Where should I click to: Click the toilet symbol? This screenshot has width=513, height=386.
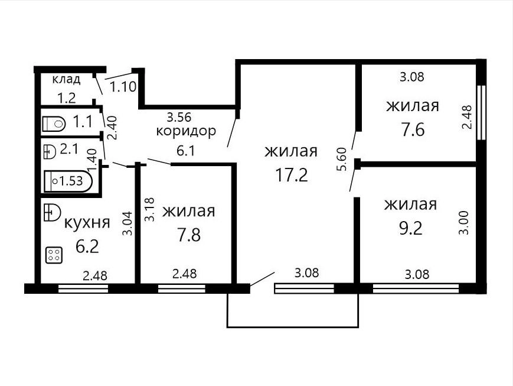tap(54, 124)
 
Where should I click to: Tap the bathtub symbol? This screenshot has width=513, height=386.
tap(68, 181)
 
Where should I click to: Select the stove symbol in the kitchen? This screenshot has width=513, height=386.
tap(54, 255)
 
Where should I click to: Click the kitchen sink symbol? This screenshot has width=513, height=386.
tap(52, 213)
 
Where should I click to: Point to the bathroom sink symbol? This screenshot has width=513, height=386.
tap(50, 152)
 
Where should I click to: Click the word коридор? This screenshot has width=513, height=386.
tap(186, 131)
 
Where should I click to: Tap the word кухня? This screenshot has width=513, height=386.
tap(87, 223)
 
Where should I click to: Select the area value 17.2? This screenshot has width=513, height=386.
tap(292, 175)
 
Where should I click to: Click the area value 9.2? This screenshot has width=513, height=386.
tap(411, 228)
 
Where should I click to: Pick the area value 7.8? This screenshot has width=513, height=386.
tap(189, 235)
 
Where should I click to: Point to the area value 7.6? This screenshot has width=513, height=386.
tap(413, 129)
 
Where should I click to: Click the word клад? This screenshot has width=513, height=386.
tap(66, 79)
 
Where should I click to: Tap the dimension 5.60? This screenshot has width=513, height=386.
tap(341, 160)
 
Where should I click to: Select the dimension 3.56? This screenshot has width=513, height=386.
tap(179, 116)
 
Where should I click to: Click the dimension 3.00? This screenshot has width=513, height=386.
tap(464, 222)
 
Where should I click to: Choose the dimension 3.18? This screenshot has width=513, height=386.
tap(149, 210)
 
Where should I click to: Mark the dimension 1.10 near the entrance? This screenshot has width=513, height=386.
tap(123, 87)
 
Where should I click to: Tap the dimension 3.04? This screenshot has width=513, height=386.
tap(128, 223)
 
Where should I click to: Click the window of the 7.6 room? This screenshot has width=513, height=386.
tap(481, 113)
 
